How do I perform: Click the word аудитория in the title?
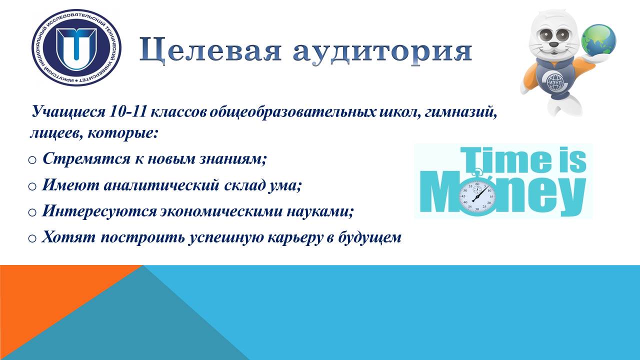tap(382, 51)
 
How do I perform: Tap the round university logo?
tap(76, 47)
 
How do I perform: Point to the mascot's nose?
tap(554, 44)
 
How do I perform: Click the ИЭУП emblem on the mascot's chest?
tap(554, 82)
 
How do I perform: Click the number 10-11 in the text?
tap(127, 112)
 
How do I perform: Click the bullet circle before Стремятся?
tap(32, 160)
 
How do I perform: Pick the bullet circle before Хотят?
tap(32, 238)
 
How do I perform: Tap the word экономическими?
tap(221, 211)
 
